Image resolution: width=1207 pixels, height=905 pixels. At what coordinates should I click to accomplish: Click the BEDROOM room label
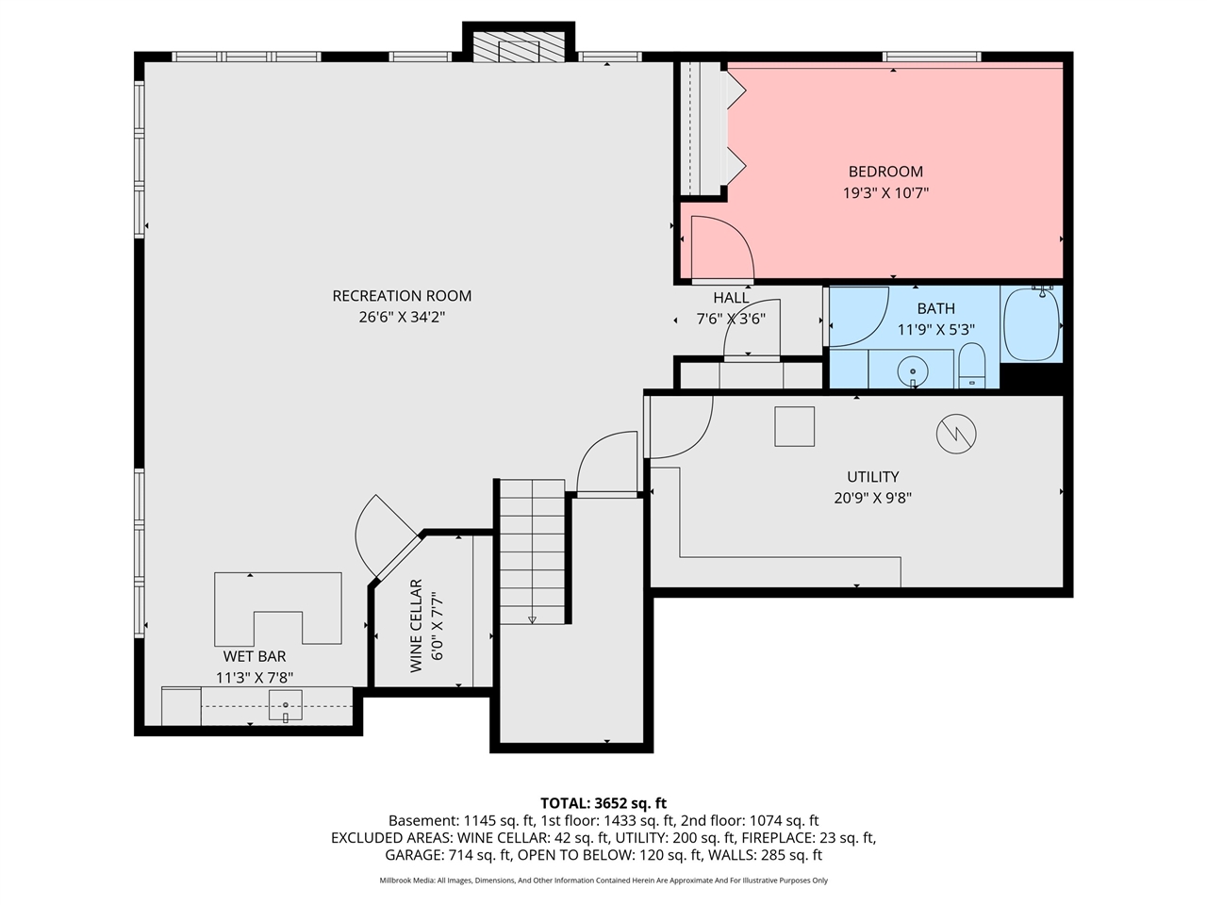pos(885,172)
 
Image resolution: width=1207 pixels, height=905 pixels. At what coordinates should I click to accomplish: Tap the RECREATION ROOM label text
pos(402,296)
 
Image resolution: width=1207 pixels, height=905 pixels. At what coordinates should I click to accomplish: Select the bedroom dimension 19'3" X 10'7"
pos(885,193)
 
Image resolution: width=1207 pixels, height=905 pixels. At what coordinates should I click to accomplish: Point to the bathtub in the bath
pos(1032,324)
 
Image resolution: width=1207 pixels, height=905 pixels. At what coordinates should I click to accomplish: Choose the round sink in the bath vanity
pos(913,371)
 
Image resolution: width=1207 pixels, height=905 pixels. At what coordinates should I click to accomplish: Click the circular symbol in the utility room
pos(956,434)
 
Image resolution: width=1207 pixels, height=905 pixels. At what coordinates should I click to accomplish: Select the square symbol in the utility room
pos(794,426)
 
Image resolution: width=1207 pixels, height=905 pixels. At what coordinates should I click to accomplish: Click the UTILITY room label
pos(872,477)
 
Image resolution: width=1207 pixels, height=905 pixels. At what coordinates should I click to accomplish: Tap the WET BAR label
pos(255,656)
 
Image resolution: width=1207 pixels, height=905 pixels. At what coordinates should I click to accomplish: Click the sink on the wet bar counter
pos(286,703)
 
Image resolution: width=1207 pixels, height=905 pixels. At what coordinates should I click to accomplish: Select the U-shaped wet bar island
pos(278,603)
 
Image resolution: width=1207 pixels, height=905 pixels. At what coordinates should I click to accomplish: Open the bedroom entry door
pos(721,250)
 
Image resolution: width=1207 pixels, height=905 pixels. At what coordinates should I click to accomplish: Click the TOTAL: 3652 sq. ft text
pos(603,803)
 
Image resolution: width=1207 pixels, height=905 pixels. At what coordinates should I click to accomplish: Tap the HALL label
pos(731,298)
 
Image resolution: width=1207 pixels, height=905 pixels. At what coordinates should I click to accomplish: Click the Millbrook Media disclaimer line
pos(603,880)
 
